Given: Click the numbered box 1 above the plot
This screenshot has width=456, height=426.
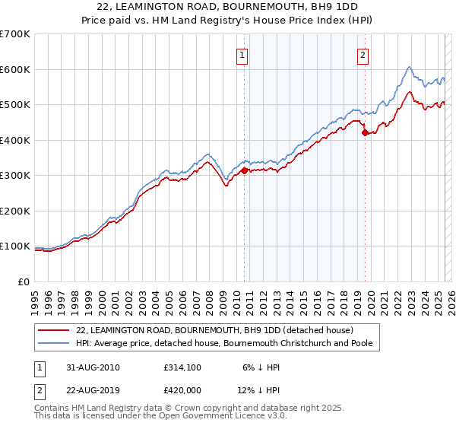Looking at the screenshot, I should tap(242, 55).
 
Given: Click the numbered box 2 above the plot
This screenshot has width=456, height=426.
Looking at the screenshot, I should tap(363, 55).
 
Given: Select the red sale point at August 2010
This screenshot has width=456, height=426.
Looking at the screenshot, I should tap(244, 171).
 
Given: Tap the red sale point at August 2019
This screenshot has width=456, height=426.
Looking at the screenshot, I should tap(365, 133).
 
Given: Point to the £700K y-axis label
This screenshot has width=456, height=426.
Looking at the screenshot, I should tap(14, 34).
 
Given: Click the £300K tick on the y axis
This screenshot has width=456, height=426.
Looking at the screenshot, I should tap(14, 176).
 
